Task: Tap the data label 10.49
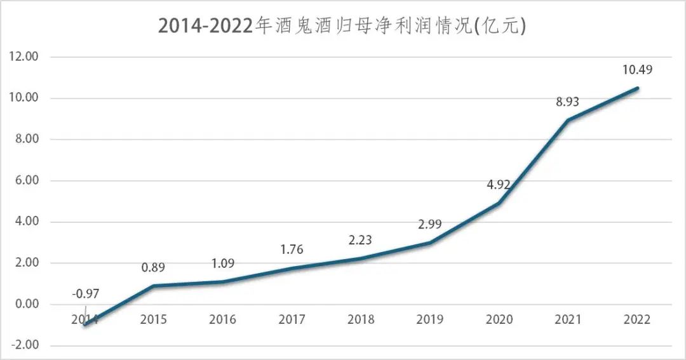(638, 69)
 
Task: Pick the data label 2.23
(360, 240)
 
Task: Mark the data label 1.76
(292, 250)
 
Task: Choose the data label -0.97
(85, 293)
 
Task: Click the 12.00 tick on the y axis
(24, 57)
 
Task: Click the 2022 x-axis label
(638, 319)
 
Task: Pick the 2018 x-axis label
(360, 319)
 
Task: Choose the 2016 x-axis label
(222, 319)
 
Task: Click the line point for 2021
(568, 120)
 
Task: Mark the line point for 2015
(154, 286)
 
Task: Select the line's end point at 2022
(637, 88)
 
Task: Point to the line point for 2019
(431, 243)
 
